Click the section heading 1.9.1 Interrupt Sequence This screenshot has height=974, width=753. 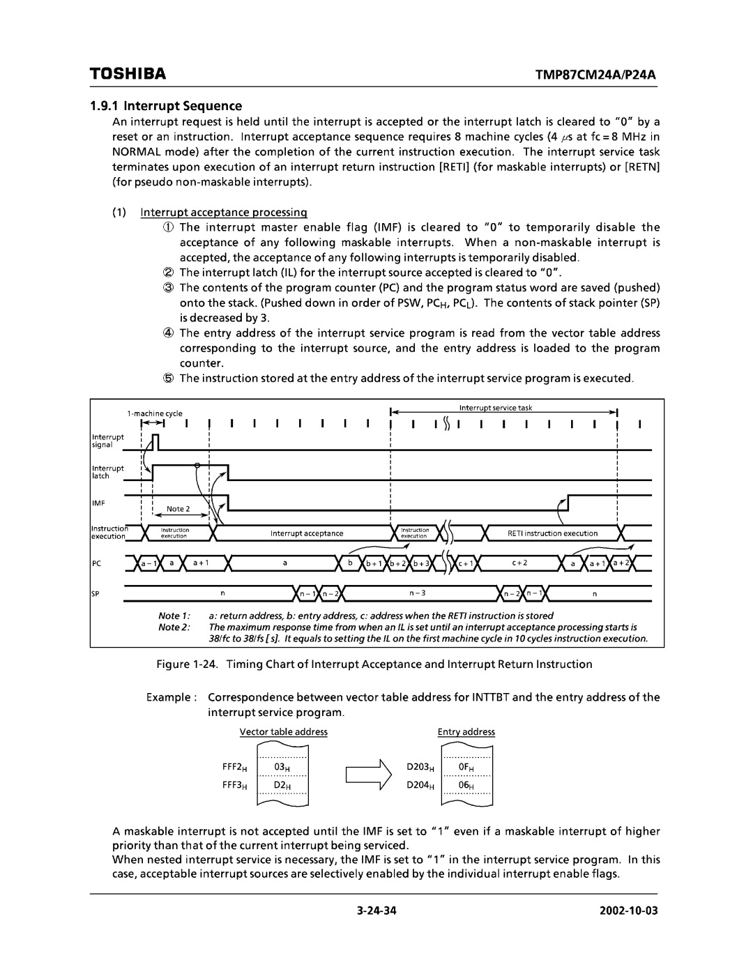pos(166,106)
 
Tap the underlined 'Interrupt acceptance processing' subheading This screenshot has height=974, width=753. pos(223,212)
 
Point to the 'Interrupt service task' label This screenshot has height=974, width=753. pos(496,408)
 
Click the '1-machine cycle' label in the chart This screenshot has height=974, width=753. pos(155,413)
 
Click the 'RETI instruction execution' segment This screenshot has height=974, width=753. pos(552,533)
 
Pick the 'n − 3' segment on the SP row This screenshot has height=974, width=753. pos(418,593)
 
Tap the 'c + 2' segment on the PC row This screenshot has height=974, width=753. pos(519,562)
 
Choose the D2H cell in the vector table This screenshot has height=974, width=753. pos(282,785)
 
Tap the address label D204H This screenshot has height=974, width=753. pos(421,785)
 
